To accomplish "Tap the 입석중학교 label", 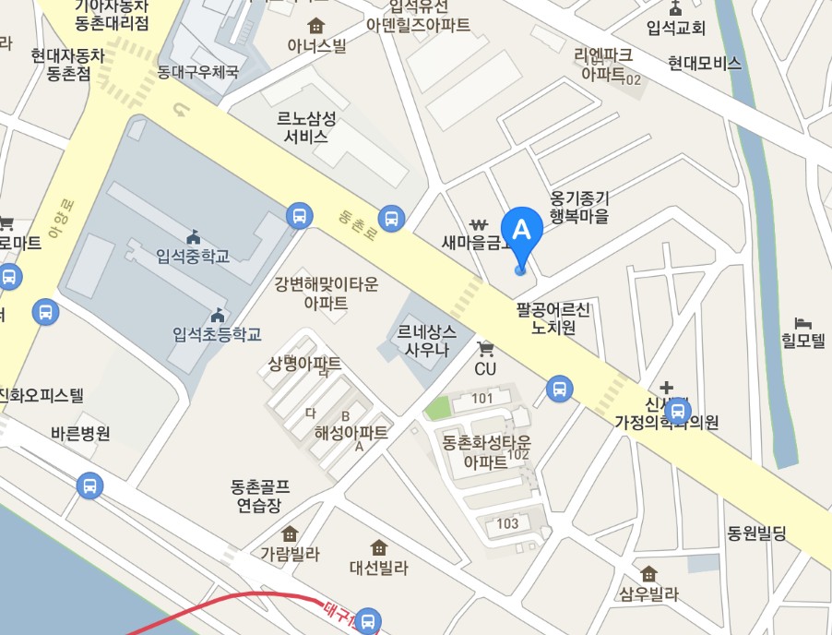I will [x=193, y=255].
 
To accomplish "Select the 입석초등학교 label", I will [x=217, y=334].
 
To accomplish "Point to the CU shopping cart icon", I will [x=486, y=348].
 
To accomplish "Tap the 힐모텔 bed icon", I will [x=803, y=325].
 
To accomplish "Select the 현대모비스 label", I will [x=705, y=64].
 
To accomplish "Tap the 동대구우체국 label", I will [x=197, y=71].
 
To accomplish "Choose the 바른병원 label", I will [x=81, y=433].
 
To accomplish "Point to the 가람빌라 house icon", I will [x=290, y=533].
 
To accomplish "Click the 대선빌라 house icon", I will [x=378, y=547].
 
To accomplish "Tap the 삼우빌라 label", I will [x=649, y=594].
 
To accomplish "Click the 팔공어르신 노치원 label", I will [x=553, y=317].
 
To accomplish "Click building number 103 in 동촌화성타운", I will [x=507, y=523].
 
